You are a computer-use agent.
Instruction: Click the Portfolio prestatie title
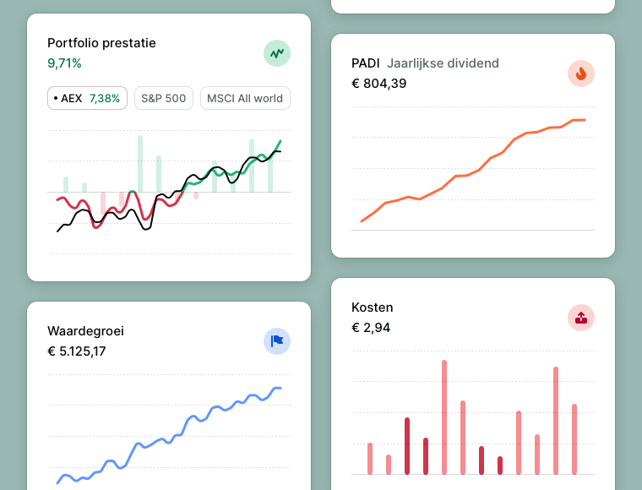(101, 43)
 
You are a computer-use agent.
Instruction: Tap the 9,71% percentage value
(64, 63)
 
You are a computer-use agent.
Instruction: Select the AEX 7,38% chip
(87, 98)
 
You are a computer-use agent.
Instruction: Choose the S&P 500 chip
(163, 98)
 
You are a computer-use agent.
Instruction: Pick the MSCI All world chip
(245, 98)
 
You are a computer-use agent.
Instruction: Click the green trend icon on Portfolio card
(277, 53)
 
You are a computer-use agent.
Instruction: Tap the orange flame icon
(581, 73)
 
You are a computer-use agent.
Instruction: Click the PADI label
(366, 63)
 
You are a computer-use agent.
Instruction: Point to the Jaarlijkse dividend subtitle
(443, 63)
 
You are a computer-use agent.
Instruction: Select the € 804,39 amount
(378, 84)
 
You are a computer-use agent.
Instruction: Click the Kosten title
(372, 308)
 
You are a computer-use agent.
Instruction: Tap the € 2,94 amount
(371, 328)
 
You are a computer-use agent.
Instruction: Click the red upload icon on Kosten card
(581, 318)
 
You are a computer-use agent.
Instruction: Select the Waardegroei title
(85, 331)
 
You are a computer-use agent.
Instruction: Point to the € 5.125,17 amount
(77, 351)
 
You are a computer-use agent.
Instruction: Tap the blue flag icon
(277, 341)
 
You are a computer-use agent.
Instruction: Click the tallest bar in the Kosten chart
(444, 416)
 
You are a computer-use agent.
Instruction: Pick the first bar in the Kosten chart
(370, 458)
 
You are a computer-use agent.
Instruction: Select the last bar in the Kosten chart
(574, 438)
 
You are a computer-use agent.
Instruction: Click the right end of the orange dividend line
(584, 120)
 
